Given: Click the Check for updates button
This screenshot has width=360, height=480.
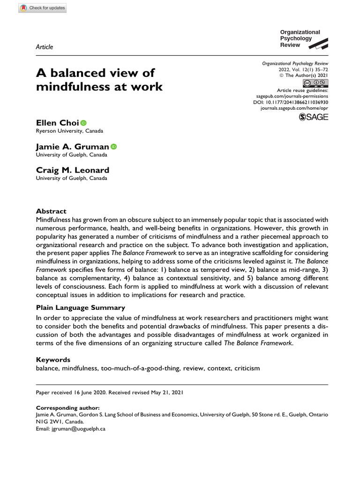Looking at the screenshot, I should (42, 8).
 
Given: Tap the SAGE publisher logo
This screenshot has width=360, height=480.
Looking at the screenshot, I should (314, 117).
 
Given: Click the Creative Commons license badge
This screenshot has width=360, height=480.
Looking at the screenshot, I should (315, 83).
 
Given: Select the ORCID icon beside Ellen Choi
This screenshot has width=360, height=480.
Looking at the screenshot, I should (83, 123).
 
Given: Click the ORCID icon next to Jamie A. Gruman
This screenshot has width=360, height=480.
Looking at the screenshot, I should (113, 147).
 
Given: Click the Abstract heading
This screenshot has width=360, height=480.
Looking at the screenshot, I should (51, 211).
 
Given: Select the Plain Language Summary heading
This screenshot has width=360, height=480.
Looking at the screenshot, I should (80, 307).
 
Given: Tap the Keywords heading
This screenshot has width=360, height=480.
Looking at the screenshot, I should (53, 360).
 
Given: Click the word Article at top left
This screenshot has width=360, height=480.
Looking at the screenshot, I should (45, 47).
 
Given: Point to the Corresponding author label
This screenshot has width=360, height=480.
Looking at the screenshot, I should (67, 408).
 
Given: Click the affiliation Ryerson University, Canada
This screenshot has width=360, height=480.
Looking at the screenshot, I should (69, 131).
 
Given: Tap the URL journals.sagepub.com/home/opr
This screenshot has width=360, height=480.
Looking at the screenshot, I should (294, 108).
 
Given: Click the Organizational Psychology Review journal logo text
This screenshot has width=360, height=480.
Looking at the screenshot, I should (300, 38).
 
